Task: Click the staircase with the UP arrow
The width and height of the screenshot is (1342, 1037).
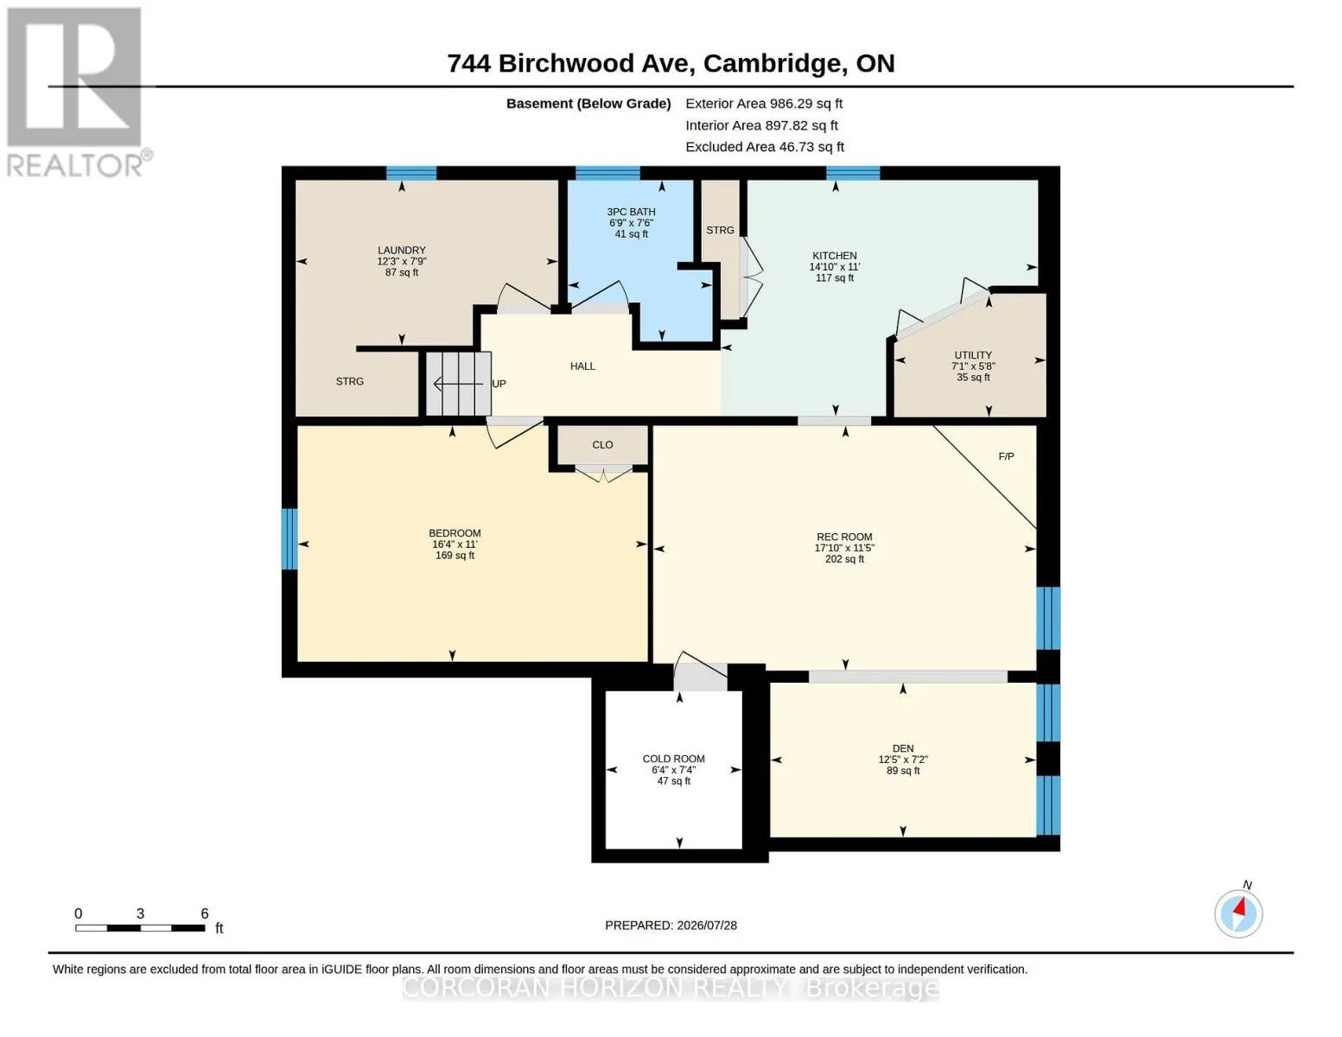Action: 458,384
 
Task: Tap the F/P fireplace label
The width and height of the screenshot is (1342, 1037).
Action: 1006,456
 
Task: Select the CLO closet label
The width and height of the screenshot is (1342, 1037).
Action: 602,445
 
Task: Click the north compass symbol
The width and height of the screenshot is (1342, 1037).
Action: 1238,913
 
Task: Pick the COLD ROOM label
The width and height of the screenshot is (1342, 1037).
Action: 673,759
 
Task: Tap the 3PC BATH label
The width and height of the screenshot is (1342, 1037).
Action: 631,212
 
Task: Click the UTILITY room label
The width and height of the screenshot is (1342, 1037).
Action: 973,355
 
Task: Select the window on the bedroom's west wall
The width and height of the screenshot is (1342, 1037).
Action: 289,538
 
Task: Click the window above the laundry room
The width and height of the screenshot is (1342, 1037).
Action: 411,173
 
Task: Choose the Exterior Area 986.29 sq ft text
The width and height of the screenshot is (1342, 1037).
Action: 764,104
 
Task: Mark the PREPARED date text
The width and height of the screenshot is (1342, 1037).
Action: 671,926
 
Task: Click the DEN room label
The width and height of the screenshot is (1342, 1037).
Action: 903,748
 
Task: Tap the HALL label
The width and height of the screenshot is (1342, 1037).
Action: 582,366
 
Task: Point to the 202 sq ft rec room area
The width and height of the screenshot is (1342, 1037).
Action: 844,559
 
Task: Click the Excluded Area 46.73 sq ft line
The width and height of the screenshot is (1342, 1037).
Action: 765,147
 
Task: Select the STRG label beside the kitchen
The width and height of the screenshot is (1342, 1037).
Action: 720,231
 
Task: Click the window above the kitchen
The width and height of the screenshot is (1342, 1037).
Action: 853,173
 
